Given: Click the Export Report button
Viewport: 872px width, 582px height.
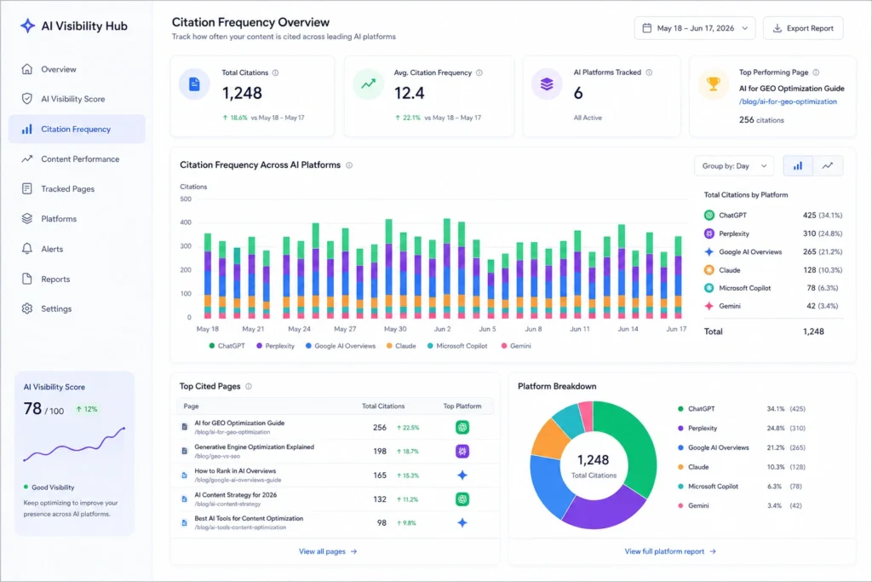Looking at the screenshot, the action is (803, 28).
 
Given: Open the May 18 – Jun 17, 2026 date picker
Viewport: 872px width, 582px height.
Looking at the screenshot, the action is (695, 28).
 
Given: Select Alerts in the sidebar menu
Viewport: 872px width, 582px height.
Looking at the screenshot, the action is (52, 249).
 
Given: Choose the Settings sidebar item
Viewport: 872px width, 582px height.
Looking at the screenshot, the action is (56, 308).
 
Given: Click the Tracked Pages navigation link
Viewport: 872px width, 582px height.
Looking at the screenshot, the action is (67, 188).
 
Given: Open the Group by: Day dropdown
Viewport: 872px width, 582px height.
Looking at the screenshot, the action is (734, 166).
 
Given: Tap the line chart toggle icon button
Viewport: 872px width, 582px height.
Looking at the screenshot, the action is (828, 166).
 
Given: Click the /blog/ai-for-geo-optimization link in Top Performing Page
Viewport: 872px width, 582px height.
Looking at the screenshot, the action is (788, 101).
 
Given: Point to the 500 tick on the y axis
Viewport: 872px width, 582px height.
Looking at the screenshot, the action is (186, 199).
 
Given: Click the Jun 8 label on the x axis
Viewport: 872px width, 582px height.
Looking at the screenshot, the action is (533, 329).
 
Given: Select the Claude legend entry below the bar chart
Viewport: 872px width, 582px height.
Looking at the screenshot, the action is (401, 345).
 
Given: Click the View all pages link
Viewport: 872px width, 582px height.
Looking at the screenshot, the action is (328, 551).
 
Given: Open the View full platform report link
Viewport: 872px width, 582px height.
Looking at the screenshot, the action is (670, 551).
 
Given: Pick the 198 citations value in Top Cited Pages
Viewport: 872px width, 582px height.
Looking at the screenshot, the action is (380, 452).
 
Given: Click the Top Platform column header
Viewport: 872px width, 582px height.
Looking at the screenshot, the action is (462, 406).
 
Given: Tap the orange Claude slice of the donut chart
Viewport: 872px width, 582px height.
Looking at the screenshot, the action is (549, 439).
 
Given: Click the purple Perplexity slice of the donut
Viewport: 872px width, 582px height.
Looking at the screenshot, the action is (604, 508).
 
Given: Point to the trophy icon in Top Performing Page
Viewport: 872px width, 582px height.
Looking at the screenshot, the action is (713, 84).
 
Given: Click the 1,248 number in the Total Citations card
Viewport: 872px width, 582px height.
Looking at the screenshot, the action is (242, 93).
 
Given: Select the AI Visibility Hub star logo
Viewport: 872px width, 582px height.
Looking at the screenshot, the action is (27, 26).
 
